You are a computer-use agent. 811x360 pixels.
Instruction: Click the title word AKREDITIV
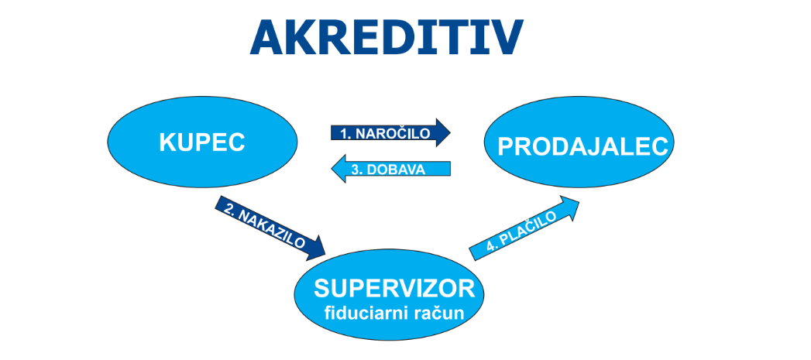pyautogui.click(x=387, y=38)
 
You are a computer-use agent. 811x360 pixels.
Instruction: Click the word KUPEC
pyautogui.click(x=202, y=142)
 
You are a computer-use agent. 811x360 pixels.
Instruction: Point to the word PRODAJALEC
pyautogui.click(x=583, y=147)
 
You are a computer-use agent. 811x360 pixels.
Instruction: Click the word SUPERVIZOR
pyautogui.click(x=394, y=289)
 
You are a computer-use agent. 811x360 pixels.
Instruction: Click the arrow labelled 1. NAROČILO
pyautogui.click(x=390, y=133)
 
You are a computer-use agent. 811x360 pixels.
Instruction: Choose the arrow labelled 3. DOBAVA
pyautogui.click(x=390, y=169)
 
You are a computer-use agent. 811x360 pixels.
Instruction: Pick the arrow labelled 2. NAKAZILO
pyautogui.click(x=270, y=228)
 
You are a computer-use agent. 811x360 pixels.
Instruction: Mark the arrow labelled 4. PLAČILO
pyautogui.click(x=524, y=228)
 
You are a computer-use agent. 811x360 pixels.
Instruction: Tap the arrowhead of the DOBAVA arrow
pyautogui.click(x=338, y=169)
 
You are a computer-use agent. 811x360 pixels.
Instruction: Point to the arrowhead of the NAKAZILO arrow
pyautogui.click(x=315, y=249)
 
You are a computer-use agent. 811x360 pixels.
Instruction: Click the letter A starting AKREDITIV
pyautogui.click(x=268, y=38)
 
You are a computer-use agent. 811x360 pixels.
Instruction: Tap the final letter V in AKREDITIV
pyautogui.click(x=506, y=38)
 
